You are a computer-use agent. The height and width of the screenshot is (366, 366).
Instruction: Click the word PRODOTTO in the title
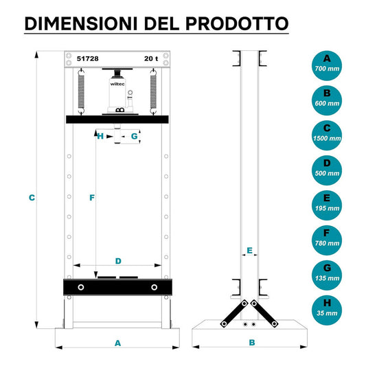pos(237,23)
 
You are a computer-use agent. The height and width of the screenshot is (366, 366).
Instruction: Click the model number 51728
pos(87,58)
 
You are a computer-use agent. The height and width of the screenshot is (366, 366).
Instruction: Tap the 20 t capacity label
pos(151,58)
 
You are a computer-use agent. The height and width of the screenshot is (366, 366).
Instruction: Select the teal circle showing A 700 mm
pos(327,66)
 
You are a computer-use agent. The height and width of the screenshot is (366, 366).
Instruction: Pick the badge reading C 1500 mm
pos(327,135)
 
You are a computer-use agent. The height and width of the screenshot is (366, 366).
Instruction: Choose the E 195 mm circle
pos(327,205)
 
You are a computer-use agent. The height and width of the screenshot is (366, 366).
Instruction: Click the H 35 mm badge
pos(327,310)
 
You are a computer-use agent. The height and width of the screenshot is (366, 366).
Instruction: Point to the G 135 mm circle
pos(327,275)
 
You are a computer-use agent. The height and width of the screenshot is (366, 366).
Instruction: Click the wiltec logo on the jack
pos(117,84)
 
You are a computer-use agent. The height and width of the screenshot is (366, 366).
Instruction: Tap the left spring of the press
pos(81,92)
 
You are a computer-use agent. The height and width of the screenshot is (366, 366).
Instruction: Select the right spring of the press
pos(153,92)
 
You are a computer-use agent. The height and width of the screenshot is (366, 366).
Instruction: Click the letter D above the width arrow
pos(118,261)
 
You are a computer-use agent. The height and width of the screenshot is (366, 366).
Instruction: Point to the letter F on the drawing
pos(92,198)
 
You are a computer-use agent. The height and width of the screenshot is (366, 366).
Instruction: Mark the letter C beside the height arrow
pos(32,198)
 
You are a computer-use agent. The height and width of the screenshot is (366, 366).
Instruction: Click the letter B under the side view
pos(252,343)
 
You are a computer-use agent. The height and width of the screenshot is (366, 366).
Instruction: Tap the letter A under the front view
pos(118,343)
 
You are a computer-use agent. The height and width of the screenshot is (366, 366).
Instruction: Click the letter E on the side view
pos(249,251)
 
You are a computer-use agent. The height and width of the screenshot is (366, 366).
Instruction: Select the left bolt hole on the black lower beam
pos(81,287)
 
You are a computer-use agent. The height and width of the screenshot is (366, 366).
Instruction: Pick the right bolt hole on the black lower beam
pos(154,287)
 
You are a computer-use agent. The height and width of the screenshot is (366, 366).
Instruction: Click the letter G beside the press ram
pos(134,136)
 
